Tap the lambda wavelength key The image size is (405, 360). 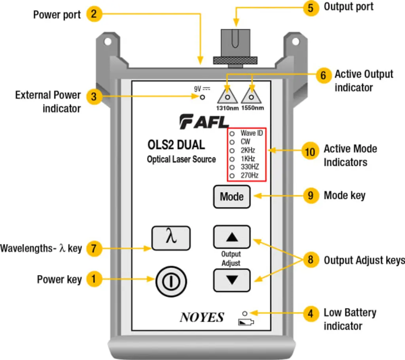pos(171,238)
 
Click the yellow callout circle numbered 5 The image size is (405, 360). pos(310,8)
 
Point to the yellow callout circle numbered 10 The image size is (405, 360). pos(310,151)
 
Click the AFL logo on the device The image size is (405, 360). pos(204,122)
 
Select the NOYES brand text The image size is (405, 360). pos(202,317)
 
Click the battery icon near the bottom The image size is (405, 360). pos(246,322)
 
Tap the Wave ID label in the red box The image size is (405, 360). pos(252,134)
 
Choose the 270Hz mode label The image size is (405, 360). pos(250,175)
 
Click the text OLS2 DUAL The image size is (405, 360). pos(176,145)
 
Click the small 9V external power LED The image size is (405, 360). pos(202,97)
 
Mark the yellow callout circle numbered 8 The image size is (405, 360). pos(310,260)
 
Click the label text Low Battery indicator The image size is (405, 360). pos(350,319)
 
